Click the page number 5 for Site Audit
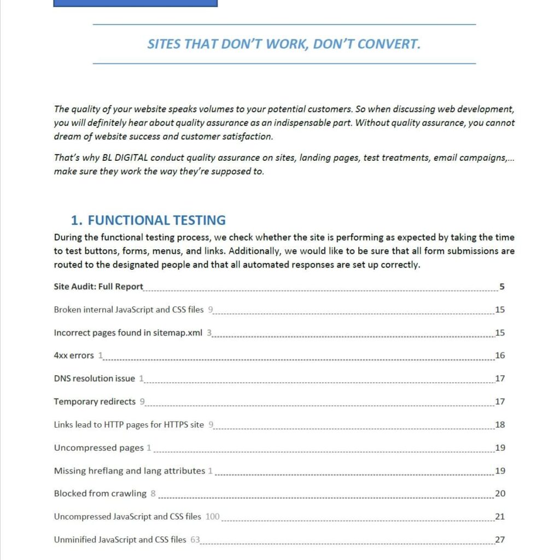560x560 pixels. [x=501, y=287]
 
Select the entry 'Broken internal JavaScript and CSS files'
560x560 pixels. [x=129, y=310]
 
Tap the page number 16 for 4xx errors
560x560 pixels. [x=500, y=355]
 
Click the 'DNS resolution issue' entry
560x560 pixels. [x=94, y=378]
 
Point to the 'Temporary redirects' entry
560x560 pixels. [x=95, y=401]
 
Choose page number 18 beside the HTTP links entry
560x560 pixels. [x=500, y=425]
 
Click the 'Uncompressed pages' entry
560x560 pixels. [x=98, y=448]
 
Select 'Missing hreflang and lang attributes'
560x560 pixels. [x=129, y=471]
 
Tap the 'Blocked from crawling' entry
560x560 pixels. [x=100, y=494]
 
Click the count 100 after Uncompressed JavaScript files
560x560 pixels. [x=212, y=517]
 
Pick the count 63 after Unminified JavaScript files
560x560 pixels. [x=195, y=540]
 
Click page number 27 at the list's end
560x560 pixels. [x=500, y=540]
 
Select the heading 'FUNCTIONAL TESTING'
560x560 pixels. [x=156, y=220]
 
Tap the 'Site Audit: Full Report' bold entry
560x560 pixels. [x=98, y=287]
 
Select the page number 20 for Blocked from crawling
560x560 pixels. [x=500, y=494]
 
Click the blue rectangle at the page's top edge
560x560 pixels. [x=135, y=3]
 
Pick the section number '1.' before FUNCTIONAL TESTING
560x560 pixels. [x=77, y=220]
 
